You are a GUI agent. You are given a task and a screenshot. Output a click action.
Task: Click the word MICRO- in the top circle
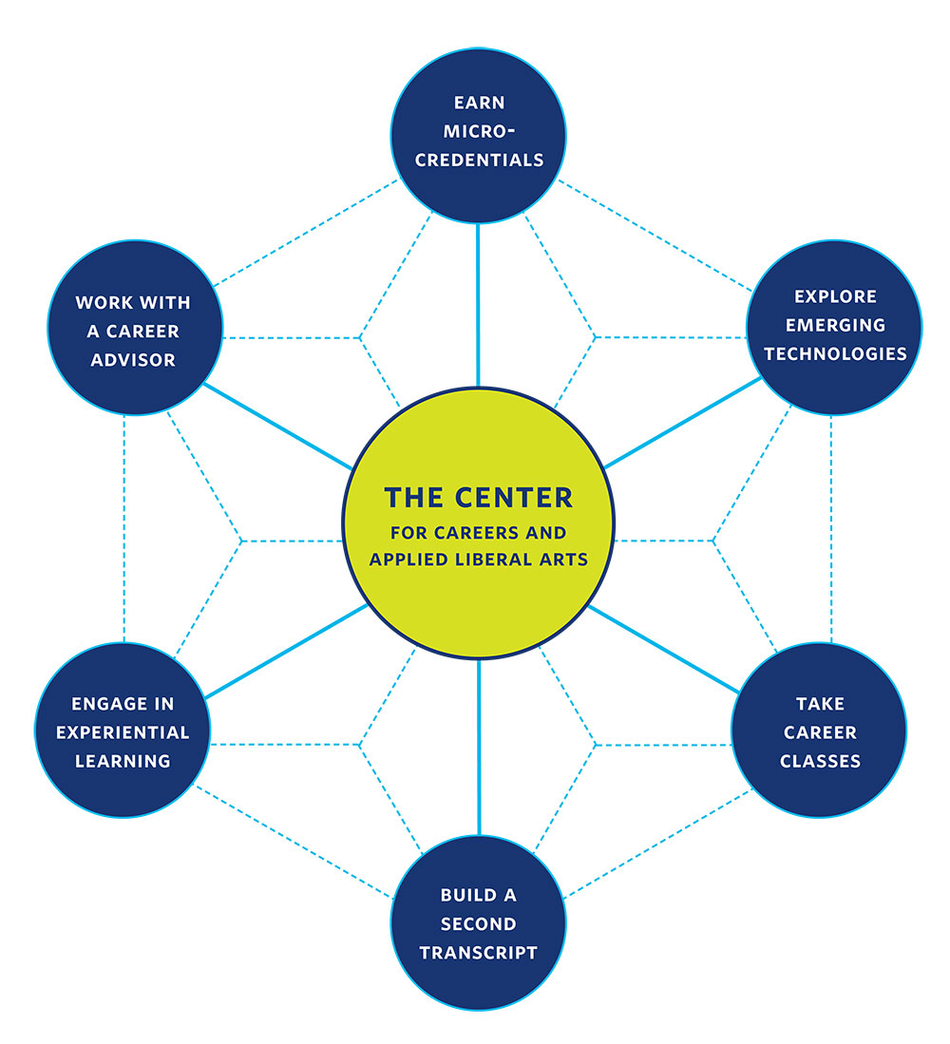coord(478,130)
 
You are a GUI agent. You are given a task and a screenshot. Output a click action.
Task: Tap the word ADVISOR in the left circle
coord(134,360)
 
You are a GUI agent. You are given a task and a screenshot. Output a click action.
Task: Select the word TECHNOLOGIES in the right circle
coord(835,353)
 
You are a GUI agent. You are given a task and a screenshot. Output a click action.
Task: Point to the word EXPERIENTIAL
coord(123,732)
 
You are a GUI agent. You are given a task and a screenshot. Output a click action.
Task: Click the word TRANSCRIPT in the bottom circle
coord(478,952)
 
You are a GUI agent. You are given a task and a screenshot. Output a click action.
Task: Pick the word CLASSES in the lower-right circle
coord(820,761)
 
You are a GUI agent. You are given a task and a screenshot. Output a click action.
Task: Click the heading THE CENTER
coord(478,497)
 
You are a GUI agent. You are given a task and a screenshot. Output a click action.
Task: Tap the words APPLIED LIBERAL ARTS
coord(478,560)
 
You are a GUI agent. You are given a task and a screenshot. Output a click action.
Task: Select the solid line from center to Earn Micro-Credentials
coord(478,304)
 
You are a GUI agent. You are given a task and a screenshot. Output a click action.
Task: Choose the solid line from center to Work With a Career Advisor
coord(275,425)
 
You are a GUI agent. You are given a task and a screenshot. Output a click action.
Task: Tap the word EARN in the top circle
coord(478,102)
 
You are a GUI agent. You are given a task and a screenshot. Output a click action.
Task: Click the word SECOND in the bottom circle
coord(478,923)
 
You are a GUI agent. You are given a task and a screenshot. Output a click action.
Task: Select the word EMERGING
coord(835,325)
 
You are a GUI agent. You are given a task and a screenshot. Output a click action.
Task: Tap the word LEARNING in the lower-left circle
coord(123,761)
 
